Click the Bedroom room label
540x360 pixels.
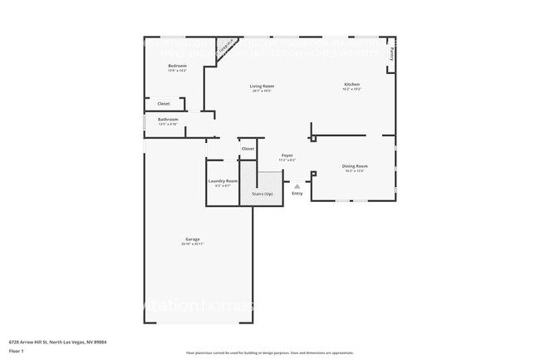tap(177, 66)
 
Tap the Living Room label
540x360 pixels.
tap(262, 86)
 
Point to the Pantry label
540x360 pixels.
tap(391, 53)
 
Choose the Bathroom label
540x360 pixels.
tap(168, 119)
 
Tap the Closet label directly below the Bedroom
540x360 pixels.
tap(164, 104)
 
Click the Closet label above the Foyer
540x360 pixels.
tap(248, 149)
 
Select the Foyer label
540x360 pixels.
tap(287, 155)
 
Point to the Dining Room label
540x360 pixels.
tap(355, 165)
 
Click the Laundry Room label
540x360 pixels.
tap(223, 180)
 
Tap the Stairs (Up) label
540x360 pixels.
tap(262, 193)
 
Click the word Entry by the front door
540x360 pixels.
tap(297, 194)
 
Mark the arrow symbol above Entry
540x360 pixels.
tap(297, 186)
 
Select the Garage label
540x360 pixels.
tap(192, 239)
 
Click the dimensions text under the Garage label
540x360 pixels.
tap(192, 244)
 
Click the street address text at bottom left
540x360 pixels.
tap(57, 342)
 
